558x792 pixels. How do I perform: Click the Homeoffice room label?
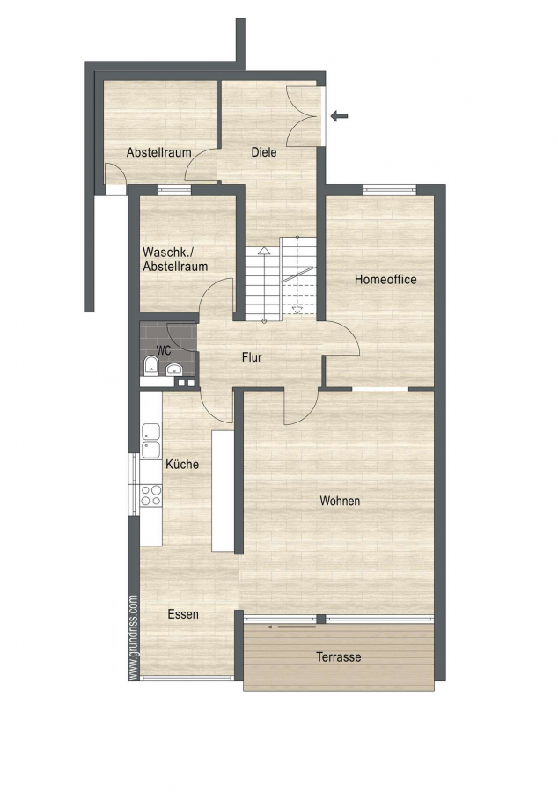point(385,279)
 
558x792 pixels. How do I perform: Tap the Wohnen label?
point(340,501)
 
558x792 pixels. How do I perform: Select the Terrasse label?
point(338,656)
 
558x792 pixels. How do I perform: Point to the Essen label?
point(183,614)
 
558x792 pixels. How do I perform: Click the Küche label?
point(182,464)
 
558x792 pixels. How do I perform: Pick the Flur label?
point(252,357)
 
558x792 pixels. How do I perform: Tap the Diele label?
point(264,151)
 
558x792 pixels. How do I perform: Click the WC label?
point(163,350)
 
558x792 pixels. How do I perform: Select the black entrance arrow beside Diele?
point(340,116)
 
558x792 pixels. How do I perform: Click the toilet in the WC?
point(151,366)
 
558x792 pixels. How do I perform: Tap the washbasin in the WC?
point(173,368)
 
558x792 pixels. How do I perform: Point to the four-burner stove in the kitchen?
point(151,495)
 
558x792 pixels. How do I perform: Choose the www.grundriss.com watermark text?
point(133,637)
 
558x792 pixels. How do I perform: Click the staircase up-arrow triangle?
point(264,251)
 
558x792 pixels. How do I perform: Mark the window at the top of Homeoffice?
point(389,190)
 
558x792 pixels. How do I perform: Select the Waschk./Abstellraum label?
point(175,259)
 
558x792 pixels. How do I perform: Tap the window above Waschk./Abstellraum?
point(175,190)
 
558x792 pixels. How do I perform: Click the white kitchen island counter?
point(223,490)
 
